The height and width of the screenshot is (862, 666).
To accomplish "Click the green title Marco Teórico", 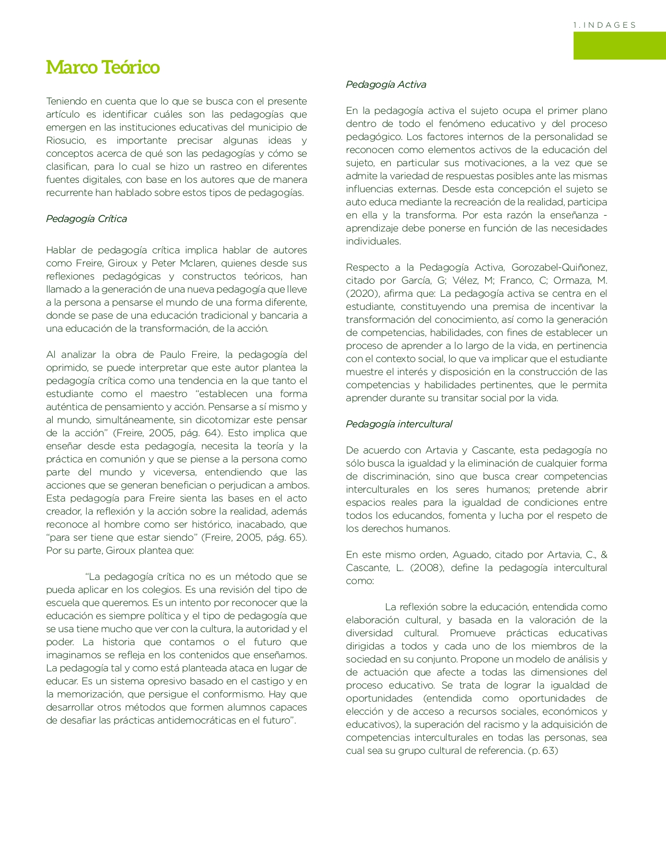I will pos(103,67).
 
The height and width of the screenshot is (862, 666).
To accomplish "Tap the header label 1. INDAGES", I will pos(604,25).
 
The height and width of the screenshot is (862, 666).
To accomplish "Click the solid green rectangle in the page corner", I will pos(620,45).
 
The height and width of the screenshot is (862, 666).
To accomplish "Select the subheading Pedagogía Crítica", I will pos(87,219).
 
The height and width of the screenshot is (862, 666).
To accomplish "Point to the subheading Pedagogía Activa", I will pos(386,85).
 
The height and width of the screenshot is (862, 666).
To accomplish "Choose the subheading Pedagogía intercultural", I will pos(399,424).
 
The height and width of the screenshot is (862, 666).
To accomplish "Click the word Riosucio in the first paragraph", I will pos(66,141).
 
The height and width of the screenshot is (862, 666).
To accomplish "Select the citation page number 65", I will pos(296,538).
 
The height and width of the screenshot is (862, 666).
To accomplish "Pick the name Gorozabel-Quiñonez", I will pos(559,267).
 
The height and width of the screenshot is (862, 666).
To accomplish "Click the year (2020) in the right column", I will pos(361,294).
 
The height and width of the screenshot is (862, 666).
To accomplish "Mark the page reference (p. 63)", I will pos(543,751).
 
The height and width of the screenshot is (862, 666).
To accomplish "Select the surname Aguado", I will pos(471,555).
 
